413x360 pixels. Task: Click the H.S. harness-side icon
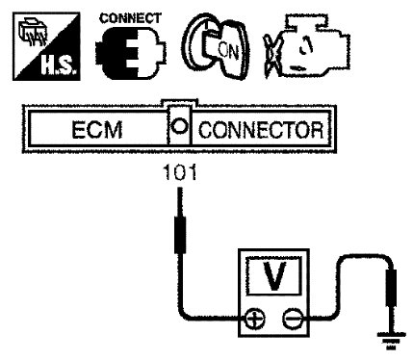pyautogui.click(x=46, y=46)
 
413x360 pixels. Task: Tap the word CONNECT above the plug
pyautogui.click(x=130, y=18)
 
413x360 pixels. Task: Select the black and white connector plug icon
pyautogui.click(x=131, y=53)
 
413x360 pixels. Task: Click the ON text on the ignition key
pyautogui.click(x=228, y=51)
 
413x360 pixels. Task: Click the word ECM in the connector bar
pyautogui.click(x=97, y=130)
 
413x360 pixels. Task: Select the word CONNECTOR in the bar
pyautogui.click(x=261, y=130)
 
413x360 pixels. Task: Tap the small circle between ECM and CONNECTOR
pyautogui.click(x=179, y=126)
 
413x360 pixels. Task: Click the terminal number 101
pyautogui.click(x=180, y=172)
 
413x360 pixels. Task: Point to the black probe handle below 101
pyautogui.click(x=180, y=235)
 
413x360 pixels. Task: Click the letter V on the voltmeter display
pyautogui.click(x=273, y=275)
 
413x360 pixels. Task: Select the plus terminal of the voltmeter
pyautogui.click(x=255, y=320)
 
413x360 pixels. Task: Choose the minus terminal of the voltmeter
pyautogui.click(x=293, y=320)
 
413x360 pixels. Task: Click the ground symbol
pyautogui.click(x=391, y=341)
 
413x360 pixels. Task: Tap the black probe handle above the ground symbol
pyautogui.click(x=391, y=288)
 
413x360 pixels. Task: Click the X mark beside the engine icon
pyautogui.click(x=271, y=55)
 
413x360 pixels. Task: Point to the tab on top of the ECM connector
pyautogui.click(x=179, y=103)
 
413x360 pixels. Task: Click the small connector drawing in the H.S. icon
pyautogui.click(x=32, y=33)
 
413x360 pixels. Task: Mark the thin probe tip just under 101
pyautogui.click(x=180, y=202)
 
